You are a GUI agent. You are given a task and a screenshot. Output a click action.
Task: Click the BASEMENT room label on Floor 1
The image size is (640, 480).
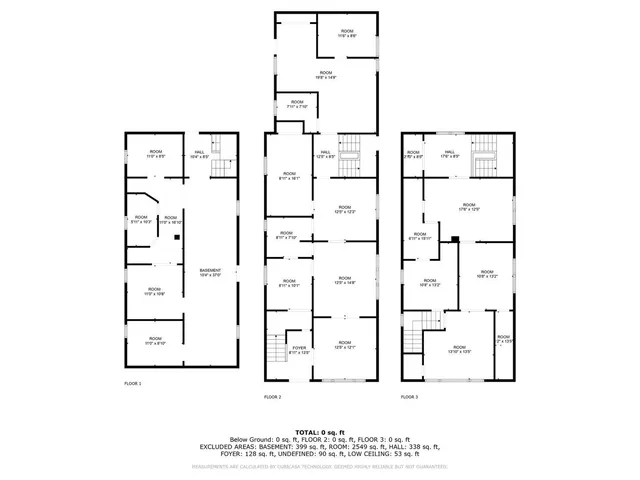(210, 272)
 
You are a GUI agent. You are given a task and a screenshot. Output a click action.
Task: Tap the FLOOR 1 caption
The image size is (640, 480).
(133, 384)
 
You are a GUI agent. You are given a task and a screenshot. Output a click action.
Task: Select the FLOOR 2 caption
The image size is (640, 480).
(272, 397)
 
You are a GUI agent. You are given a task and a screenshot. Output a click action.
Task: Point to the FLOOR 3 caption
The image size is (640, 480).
(409, 397)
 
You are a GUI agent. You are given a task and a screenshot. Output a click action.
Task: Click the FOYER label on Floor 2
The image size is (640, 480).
(299, 350)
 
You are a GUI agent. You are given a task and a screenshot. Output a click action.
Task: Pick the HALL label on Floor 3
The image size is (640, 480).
(450, 154)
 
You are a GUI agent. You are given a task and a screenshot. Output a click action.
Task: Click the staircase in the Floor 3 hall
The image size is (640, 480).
(484, 155)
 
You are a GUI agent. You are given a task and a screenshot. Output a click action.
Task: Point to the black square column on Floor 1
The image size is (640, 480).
(175, 238)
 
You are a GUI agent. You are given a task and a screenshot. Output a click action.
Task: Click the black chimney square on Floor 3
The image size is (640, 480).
(454, 239)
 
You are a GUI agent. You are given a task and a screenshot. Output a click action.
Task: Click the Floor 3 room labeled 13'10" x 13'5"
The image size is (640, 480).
(460, 350)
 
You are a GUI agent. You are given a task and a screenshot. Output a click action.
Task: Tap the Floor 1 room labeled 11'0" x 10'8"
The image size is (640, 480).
(153, 293)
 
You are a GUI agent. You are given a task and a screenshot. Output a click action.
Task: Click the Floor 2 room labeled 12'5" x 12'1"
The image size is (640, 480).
(345, 346)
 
